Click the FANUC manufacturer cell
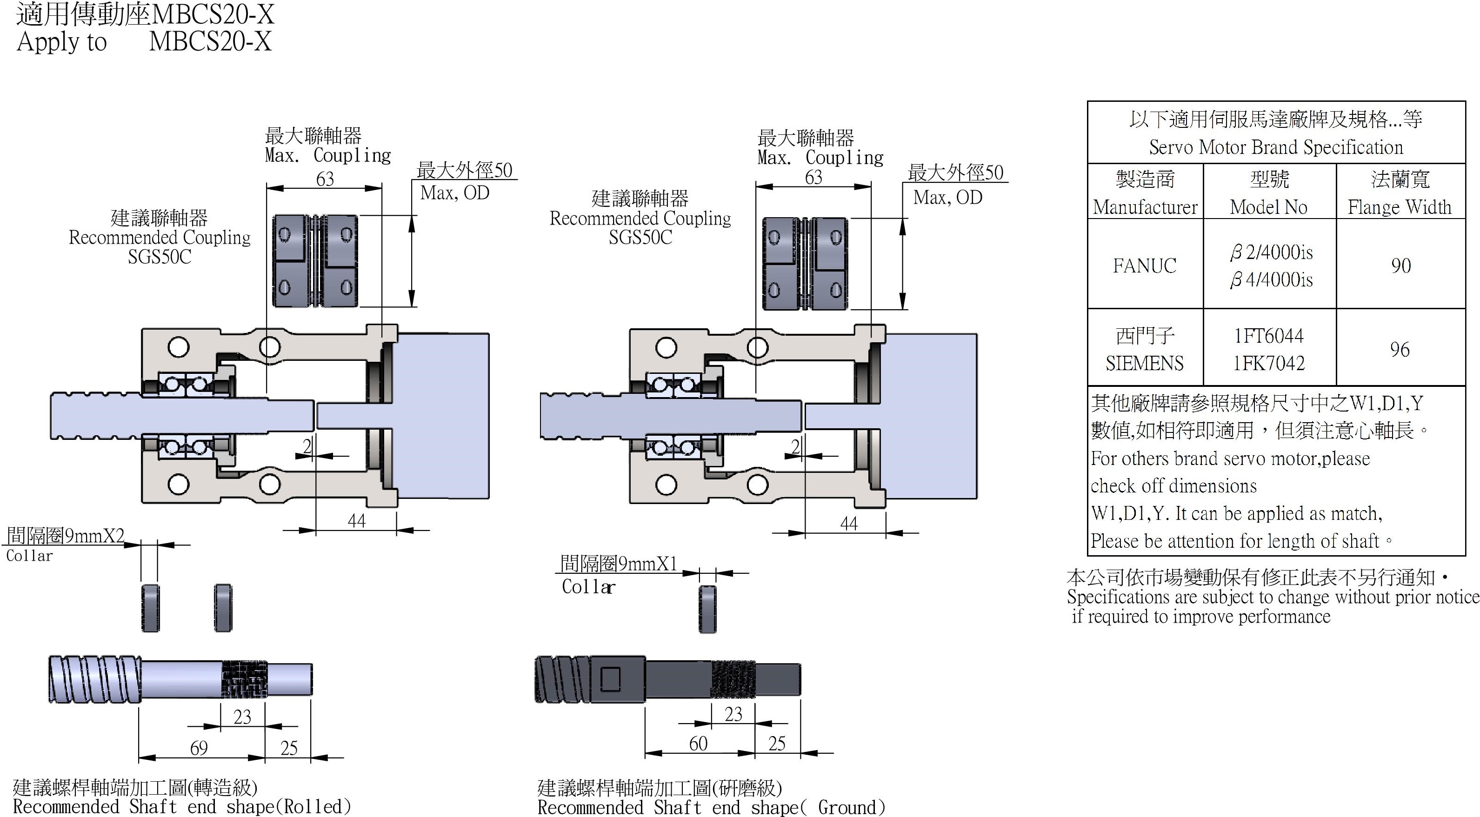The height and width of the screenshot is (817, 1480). click(1145, 266)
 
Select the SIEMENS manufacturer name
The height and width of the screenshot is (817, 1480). click(1145, 363)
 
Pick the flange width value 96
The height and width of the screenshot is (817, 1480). click(1400, 349)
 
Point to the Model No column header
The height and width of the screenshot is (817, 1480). click(1268, 207)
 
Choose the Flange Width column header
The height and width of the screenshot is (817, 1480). click(1400, 207)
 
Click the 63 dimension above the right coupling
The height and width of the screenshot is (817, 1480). click(813, 177)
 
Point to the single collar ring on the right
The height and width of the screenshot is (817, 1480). click(707, 610)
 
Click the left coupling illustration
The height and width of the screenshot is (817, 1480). click(315, 261)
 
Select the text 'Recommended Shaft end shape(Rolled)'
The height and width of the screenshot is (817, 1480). click(181, 807)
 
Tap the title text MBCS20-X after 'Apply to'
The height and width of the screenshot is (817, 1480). click(210, 41)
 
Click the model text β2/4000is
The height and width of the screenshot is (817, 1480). click(1271, 252)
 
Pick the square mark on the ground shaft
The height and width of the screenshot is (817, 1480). click(611, 678)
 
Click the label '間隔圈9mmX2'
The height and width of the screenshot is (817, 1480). click(66, 536)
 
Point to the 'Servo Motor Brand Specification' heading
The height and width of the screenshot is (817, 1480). click(1275, 147)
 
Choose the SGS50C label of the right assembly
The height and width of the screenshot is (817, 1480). click(640, 237)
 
